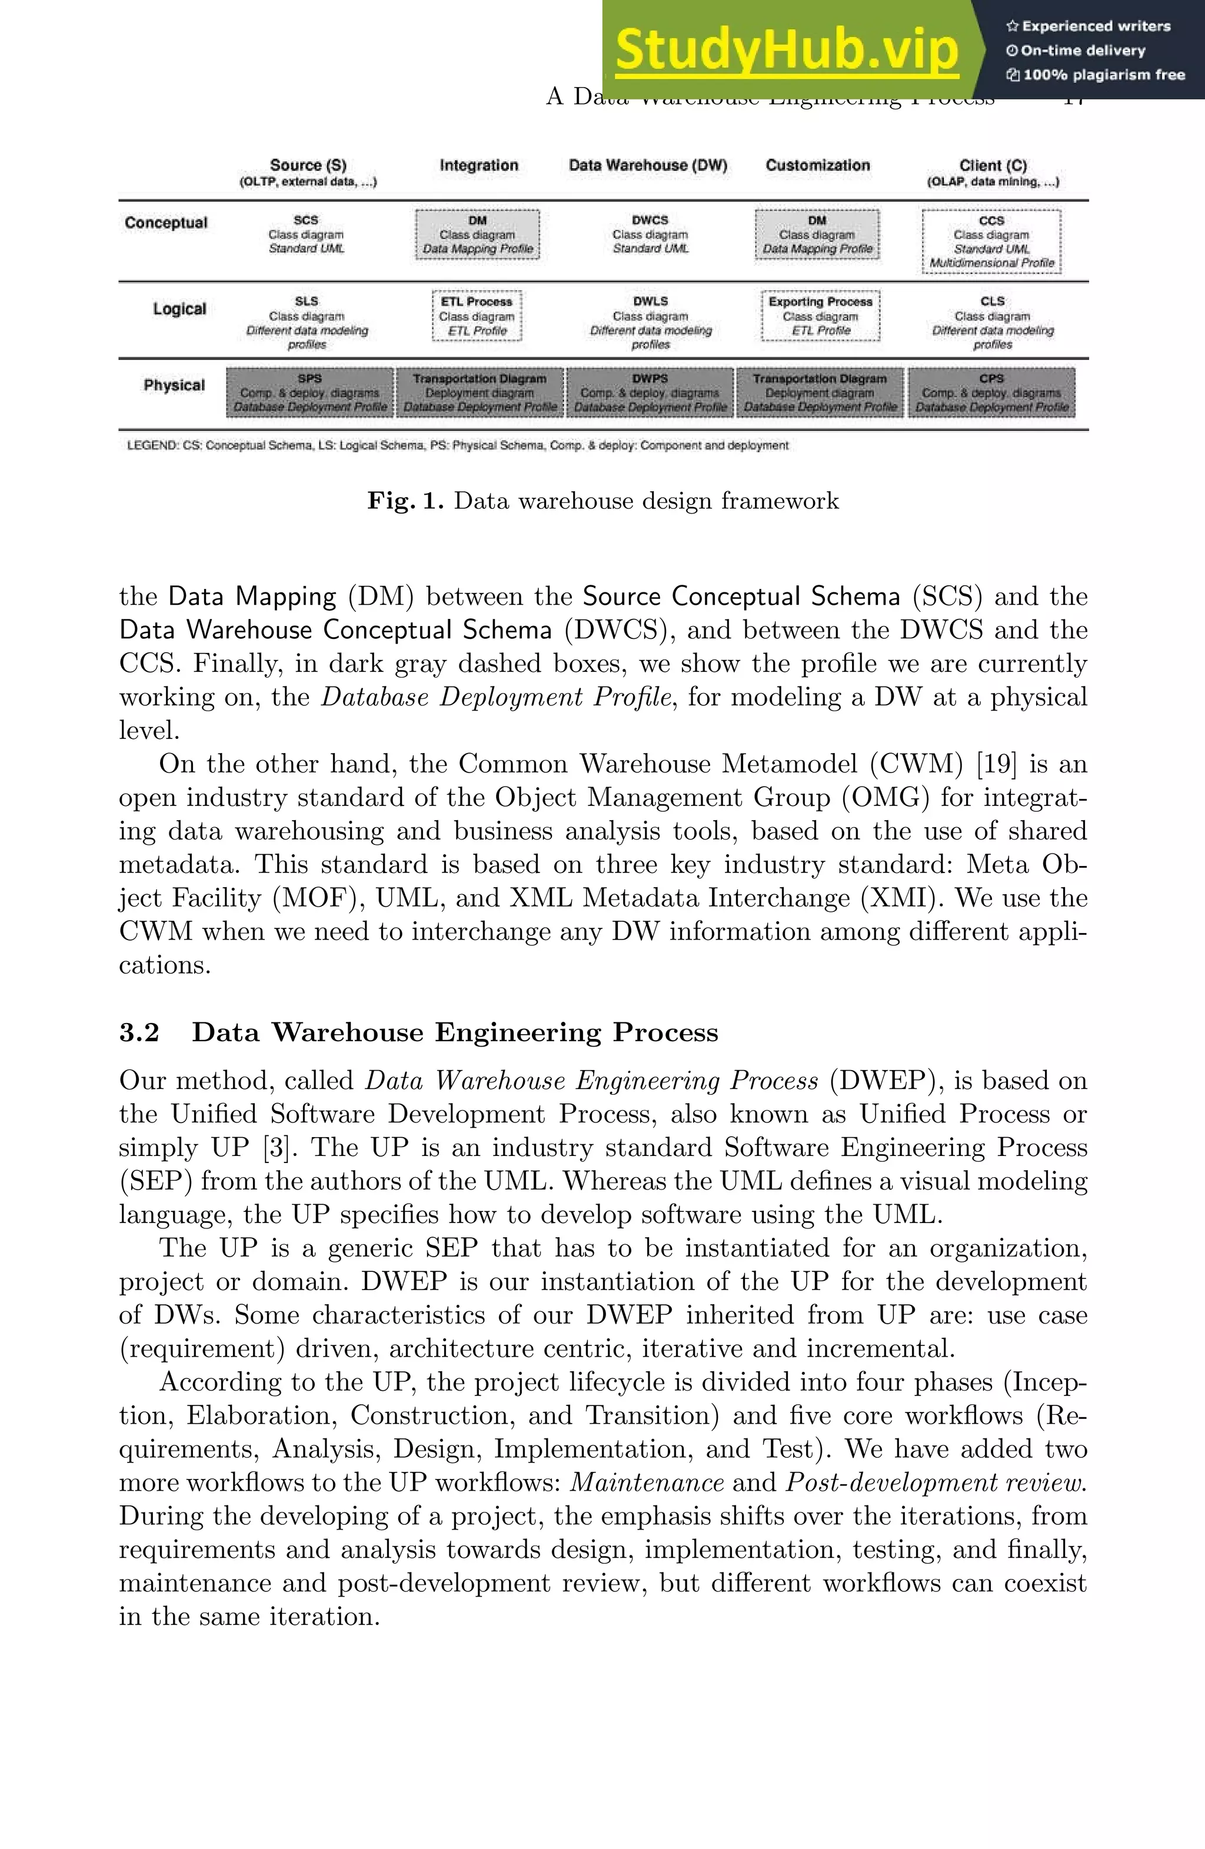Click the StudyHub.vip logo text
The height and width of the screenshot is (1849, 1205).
[786, 50]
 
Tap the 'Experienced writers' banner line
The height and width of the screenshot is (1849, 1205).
[1089, 26]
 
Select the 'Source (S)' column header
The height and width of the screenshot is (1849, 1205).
[308, 165]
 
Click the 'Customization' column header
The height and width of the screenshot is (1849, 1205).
[817, 165]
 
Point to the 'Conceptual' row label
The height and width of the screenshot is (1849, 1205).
[167, 223]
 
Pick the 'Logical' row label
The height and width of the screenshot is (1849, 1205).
[179, 308]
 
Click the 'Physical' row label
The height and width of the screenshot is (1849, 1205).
[174, 385]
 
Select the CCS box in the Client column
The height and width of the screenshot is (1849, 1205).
[991, 241]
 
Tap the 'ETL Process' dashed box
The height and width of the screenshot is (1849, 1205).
[476, 315]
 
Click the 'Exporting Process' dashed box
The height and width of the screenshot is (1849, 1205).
[820, 315]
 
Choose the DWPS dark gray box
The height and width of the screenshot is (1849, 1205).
[650, 392]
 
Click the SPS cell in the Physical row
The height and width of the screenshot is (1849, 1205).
[309, 392]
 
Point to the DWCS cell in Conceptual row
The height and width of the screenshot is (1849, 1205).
[650, 234]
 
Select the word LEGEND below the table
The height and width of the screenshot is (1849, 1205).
[151, 446]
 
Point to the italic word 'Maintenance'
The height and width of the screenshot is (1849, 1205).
[647, 1482]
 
